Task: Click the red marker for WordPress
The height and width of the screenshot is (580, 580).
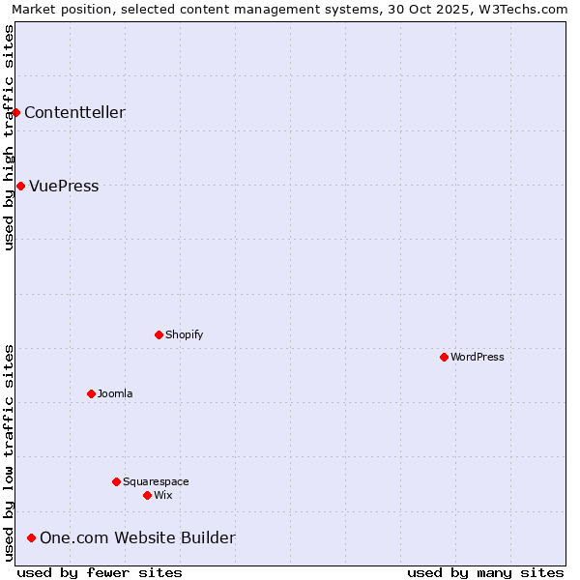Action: point(444,357)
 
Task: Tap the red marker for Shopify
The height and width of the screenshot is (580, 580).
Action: point(159,334)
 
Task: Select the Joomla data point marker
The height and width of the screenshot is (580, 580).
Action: point(91,393)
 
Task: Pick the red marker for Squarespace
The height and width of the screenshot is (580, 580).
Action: point(116,481)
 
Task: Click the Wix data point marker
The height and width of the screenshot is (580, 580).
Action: point(147,495)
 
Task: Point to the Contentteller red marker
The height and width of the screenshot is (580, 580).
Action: point(15,112)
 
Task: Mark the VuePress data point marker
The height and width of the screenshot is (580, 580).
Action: point(20,186)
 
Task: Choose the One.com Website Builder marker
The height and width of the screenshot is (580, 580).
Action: point(31,537)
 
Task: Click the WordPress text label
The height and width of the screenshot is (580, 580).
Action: point(478,357)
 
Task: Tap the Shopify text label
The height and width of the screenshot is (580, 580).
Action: point(184,334)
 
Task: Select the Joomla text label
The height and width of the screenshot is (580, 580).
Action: point(115,393)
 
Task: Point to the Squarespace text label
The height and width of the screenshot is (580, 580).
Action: point(156,481)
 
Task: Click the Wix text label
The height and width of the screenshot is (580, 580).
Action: point(163,495)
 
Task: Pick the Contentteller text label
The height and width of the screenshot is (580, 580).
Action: point(74,112)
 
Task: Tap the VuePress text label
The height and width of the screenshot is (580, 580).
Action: point(64,186)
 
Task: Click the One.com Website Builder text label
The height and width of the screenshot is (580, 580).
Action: point(137,537)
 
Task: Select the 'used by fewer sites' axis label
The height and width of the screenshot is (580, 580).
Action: point(100,572)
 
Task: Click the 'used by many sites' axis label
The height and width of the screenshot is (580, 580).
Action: point(485,572)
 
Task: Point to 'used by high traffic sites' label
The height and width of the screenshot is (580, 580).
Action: point(9,137)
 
